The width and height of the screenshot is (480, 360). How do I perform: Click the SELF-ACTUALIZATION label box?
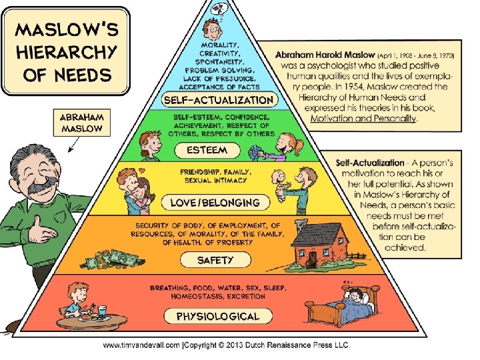coord(219,101)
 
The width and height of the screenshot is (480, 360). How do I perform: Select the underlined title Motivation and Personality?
coord(363,119)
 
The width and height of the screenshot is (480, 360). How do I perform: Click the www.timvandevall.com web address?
coord(140,345)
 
